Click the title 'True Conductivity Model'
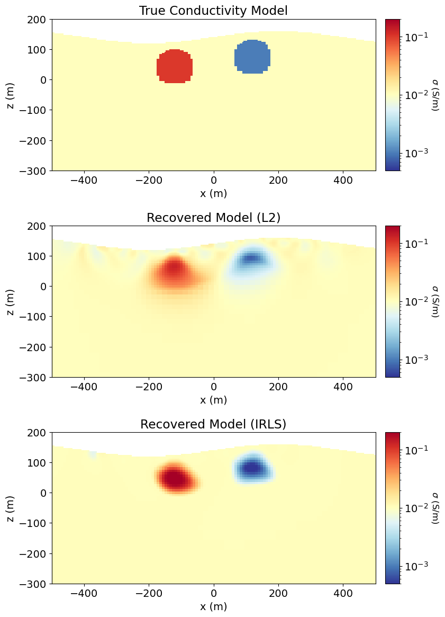pyautogui.click(x=213, y=11)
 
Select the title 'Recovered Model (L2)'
pyautogui.click(x=213, y=217)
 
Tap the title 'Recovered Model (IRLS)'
pyautogui.click(x=213, y=424)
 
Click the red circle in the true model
pyautogui.click(x=175, y=67)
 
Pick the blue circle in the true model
pyautogui.click(x=252, y=57)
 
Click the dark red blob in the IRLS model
pyautogui.click(x=175, y=478)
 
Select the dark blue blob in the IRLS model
pyautogui.click(x=252, y=468)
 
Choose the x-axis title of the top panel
pyautogui.click(x=213, y=193)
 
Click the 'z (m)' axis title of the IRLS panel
pyautogui.click(x=11, y=508)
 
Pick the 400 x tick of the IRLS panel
pyautogui.click(x=343, y=594)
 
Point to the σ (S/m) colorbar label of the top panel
pyautogui.click(x=435, y=95)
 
